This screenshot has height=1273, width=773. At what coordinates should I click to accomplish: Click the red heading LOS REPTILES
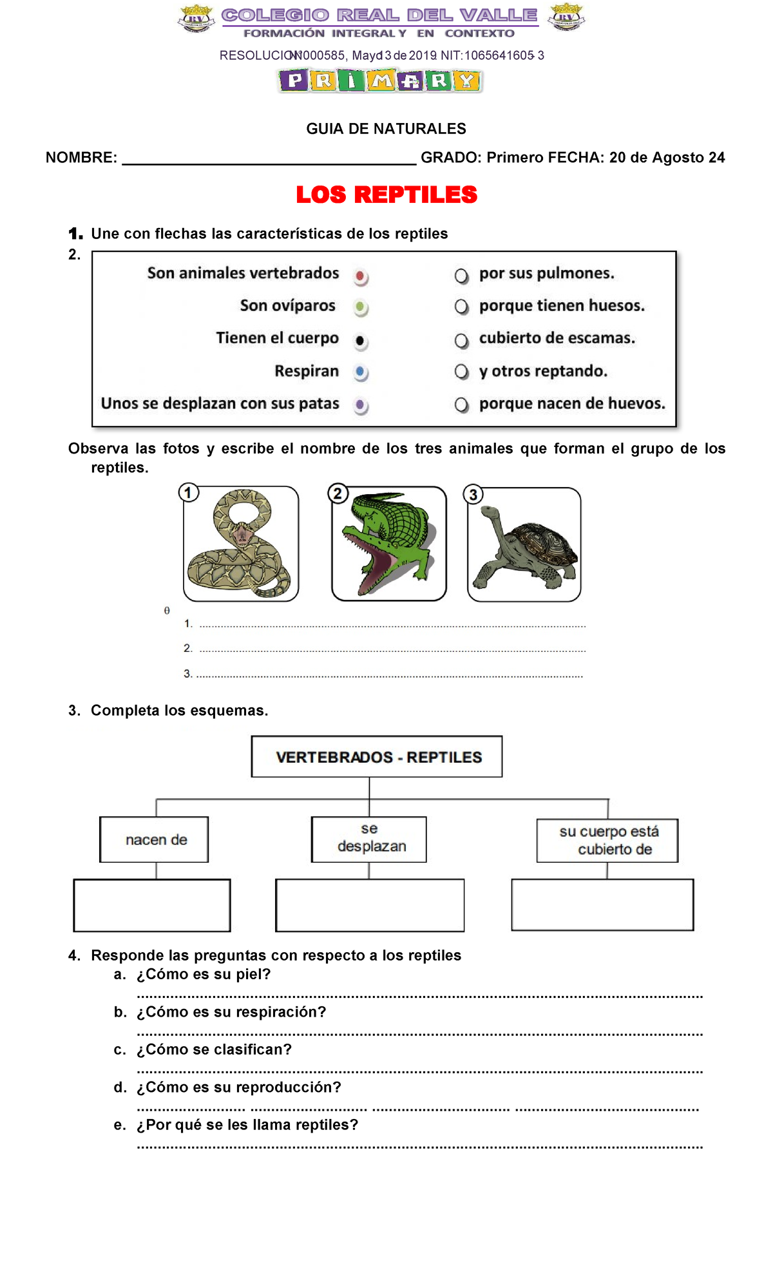point(386,195)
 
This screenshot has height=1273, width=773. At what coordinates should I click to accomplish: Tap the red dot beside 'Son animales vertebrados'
point(361,276)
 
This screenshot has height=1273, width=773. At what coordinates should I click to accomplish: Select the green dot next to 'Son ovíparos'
point(361,307)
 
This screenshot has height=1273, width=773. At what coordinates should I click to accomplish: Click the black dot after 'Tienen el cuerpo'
point(361,340)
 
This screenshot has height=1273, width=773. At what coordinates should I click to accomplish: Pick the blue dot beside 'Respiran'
point(361,372)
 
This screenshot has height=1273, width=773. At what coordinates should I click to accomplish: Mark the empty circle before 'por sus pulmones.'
point(461,276)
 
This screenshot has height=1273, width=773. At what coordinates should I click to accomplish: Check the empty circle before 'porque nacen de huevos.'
point(461,405)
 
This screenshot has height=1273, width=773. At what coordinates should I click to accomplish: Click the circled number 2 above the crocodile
point(338,494)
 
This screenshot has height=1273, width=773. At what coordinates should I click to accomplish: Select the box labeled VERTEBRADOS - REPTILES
point(377,757)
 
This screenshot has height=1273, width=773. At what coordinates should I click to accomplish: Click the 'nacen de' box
point(155,839)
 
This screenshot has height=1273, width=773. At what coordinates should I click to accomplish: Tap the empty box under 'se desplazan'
point(369,905)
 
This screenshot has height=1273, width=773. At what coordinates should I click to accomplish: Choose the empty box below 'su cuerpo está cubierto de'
point(602,905)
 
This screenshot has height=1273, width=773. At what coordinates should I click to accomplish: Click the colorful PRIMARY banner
point(380,81)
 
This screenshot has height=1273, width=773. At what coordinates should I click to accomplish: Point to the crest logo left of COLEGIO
point(196,18)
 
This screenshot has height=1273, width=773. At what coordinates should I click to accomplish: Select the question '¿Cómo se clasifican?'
point(214,1049)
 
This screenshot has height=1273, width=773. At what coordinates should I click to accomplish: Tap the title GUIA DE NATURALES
point(386,129)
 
